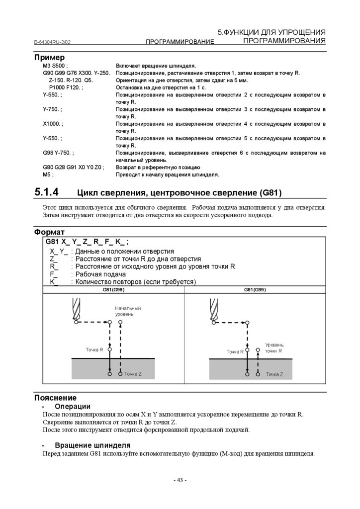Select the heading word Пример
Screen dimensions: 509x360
(49, 58)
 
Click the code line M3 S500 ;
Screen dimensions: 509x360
(55, 66)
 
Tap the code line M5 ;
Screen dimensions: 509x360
(48, 175)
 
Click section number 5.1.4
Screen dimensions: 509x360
(47, 192)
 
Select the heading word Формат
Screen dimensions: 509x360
(49, 232)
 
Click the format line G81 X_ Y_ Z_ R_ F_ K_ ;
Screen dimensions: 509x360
(87, 242)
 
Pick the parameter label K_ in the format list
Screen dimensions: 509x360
(54, 282)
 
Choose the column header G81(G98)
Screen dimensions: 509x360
(114, 289)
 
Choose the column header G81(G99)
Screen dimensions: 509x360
(255, 289)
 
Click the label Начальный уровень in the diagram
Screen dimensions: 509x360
(128, 311)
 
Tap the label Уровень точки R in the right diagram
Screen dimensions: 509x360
(274, 347)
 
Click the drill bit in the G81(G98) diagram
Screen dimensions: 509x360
(75, 308)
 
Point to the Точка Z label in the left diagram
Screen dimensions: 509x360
(133, 374)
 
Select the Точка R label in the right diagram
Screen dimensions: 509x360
(235, 351)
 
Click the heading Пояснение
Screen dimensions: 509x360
(55, 398)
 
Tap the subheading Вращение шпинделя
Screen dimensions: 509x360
(92, 445)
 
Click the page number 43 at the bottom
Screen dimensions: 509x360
(180, 480)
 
